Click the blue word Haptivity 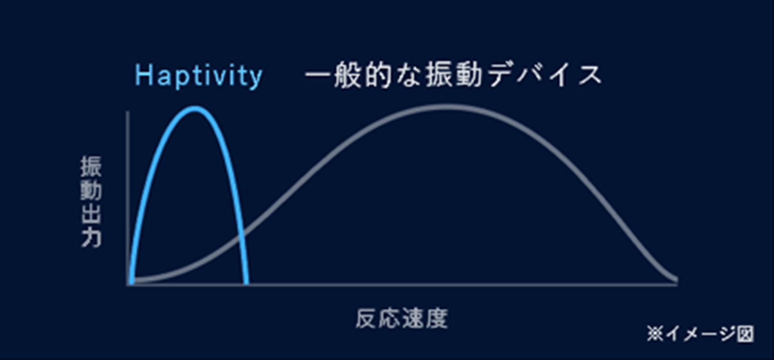pos(198,76)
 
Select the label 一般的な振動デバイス pos(454,75)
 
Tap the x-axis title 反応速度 pos(402,319)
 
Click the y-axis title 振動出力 pos(91,202)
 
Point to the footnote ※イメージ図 pos(700,333)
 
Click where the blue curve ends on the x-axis pos(247,283)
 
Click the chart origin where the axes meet pos(129,284)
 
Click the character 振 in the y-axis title pos(91,166)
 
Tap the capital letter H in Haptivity pos(144,75)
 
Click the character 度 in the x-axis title pos(437,319)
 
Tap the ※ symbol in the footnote pos(655,333)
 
